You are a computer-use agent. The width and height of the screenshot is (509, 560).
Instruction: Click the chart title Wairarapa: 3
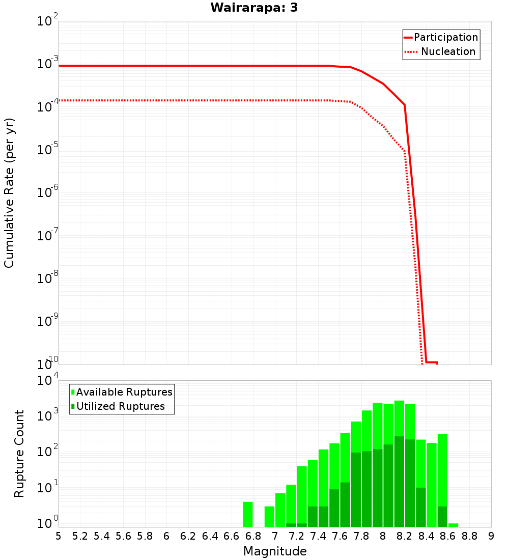click(254, 8)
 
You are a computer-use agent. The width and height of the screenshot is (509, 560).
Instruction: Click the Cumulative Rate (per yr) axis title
click(9, 192)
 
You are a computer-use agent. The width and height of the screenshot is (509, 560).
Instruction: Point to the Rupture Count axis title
click(19, 454)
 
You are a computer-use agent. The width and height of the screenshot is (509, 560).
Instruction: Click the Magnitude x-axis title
click(275, 551)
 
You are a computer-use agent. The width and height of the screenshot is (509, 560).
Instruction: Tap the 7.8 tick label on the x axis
click(361, 536)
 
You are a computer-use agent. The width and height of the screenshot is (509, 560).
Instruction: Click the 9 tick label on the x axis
click(491, 536)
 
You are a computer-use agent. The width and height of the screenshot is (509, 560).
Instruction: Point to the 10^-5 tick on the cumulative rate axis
click(48, 151)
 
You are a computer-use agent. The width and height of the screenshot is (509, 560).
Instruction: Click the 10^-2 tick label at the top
click(48, 22)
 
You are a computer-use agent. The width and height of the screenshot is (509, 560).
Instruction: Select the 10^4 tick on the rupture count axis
click(48, 381)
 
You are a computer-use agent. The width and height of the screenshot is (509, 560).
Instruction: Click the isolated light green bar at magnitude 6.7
click(248, 514)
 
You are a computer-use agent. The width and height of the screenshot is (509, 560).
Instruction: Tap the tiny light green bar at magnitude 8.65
click(453, 525)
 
